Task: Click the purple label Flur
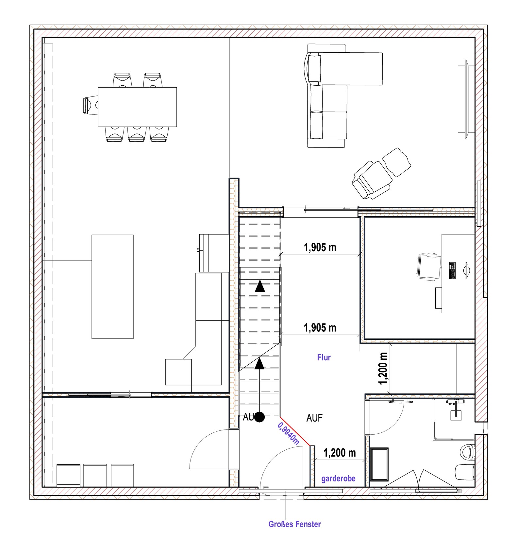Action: tap(324, 357)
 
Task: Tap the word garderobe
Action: tap(338, 479)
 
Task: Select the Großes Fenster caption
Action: tap(294, 524)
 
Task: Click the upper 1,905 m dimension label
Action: tap(320, 248)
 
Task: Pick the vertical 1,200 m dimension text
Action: tap(383, 369)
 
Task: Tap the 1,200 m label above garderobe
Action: tap(340, 453)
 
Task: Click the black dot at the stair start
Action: tap(259, 417)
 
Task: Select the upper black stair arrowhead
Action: tap(260, 286)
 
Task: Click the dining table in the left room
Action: tap(137, 107)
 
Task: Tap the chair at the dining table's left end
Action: tap(90, 105)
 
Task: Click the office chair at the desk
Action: tap(428, 267)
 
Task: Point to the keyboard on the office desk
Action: tap(452, 270)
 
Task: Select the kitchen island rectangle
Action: tap(112, 287)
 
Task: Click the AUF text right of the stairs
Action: tap(314, 418)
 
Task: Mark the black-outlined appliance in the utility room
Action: tap(68, 475)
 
